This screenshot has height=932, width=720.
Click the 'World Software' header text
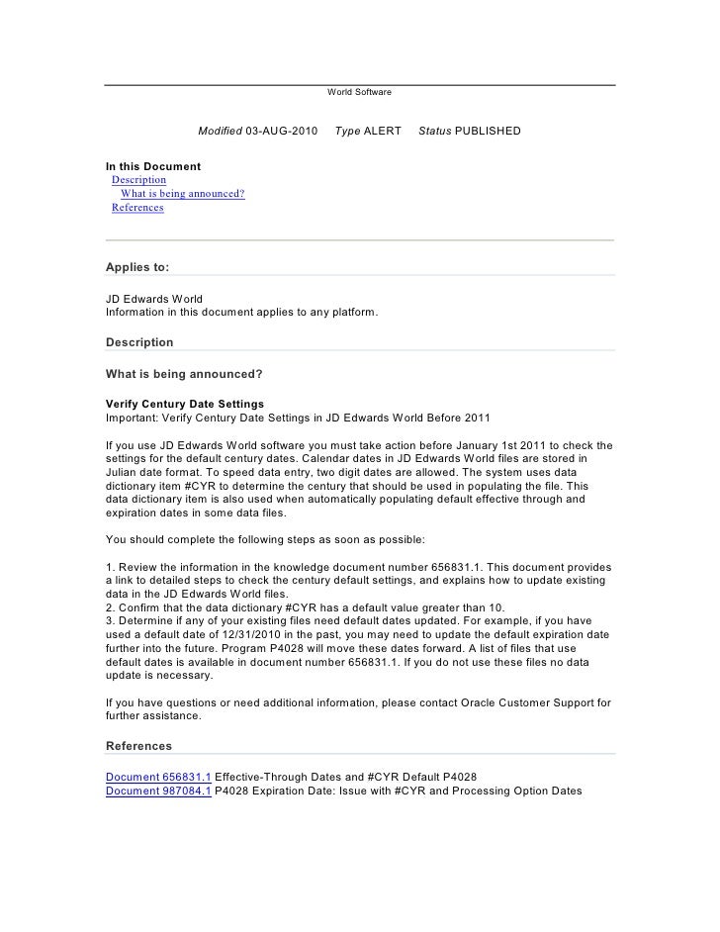(359, 92)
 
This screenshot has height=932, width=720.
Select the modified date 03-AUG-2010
(282, 132)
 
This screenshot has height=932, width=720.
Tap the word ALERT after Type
(383, 132)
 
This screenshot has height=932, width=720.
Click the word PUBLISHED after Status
(488, 132)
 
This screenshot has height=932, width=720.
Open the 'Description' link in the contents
(138, 180)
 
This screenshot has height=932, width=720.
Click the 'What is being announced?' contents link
(182, 194)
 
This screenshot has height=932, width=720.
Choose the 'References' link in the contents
(137, 208)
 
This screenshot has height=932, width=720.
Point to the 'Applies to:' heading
(137, 266)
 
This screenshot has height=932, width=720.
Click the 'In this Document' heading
(153, 165)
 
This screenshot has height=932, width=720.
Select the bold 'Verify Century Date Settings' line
(185, 405)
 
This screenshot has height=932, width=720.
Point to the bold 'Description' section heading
(139, 342)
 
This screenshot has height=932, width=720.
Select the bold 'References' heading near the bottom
(138, 746)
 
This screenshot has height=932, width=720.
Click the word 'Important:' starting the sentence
(132, 418)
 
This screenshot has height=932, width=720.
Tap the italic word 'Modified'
(220, 132)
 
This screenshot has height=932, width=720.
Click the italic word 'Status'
(434, 132)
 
